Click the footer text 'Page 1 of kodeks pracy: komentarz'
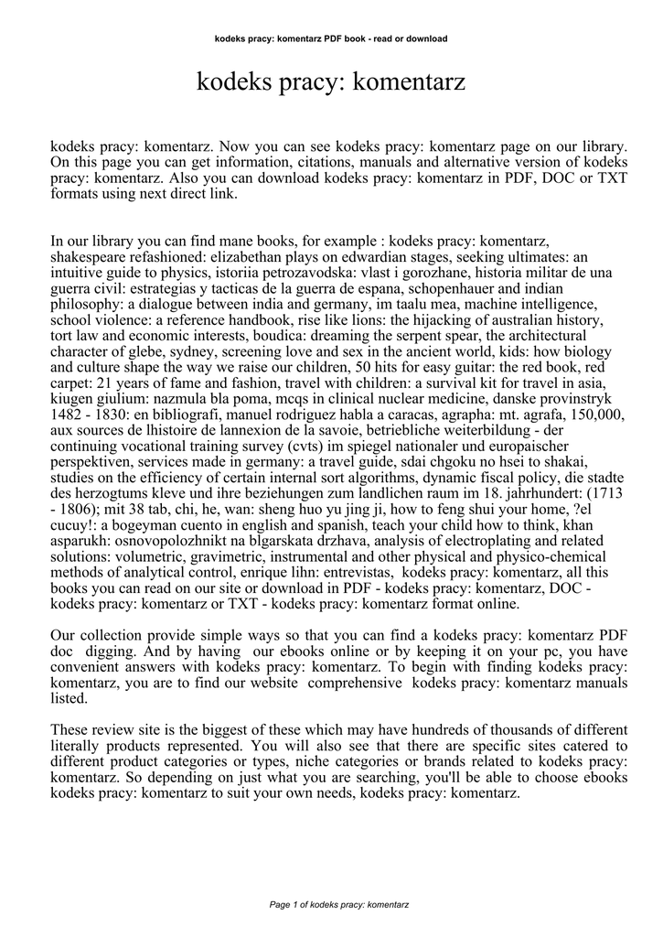pos(331,904)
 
